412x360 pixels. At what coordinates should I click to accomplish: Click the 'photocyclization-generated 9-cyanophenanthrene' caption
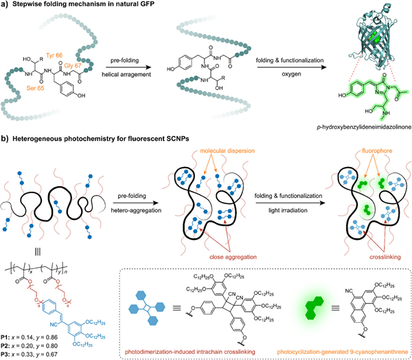(354, 351)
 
